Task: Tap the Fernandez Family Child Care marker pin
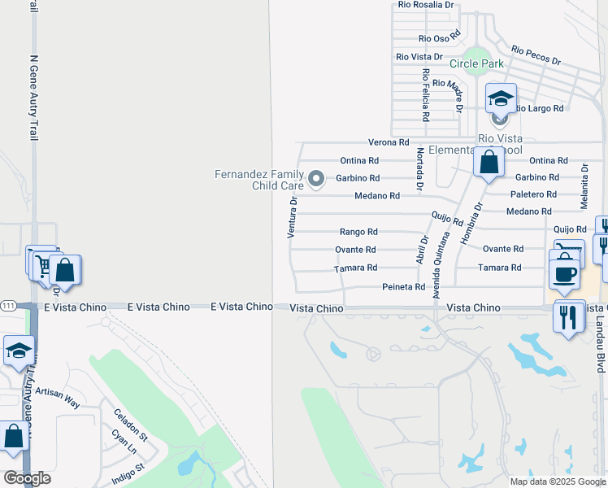click(x=316, y=178)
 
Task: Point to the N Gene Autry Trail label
click(x=34, y=98)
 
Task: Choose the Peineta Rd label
click(x=403, y=287)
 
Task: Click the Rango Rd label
click(x=358, y=232)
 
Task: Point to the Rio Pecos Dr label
click(x=536, y=55)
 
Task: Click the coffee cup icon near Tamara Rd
click(x=565, y=273)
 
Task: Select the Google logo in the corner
click(x=27, y=478)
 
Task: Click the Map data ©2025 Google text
click(x=558, y=481)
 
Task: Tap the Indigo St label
click(x=128, y=473)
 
